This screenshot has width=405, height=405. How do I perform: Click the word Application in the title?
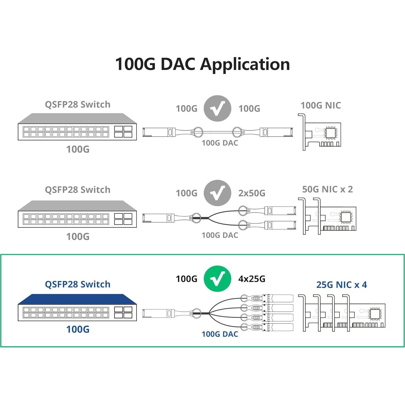coord(245,65)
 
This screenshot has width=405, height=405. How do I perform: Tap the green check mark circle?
coord(217,279)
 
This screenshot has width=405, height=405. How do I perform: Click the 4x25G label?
coord(252,279)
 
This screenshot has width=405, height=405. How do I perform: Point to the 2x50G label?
coord(252,193)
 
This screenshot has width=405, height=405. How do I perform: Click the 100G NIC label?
coord(321,105)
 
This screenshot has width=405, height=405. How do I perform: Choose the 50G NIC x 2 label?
coord(328,189)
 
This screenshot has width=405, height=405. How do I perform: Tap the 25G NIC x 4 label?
coord(342,285)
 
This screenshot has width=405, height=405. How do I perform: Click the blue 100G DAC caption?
coord(220,334)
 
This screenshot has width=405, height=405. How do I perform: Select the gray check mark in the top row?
coord(217,108)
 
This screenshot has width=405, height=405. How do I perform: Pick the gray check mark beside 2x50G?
coord(217,193)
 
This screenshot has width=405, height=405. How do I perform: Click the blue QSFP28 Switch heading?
coord(77,284)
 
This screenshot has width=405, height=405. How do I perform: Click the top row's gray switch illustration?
coord(77,127)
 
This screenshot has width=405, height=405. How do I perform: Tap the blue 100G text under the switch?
coord(78,329)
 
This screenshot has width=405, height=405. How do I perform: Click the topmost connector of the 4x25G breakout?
coord(278,298)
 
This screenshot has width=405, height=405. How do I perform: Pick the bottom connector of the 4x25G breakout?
coord(278,327)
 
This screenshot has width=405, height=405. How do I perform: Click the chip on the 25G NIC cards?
coord(375,314)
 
